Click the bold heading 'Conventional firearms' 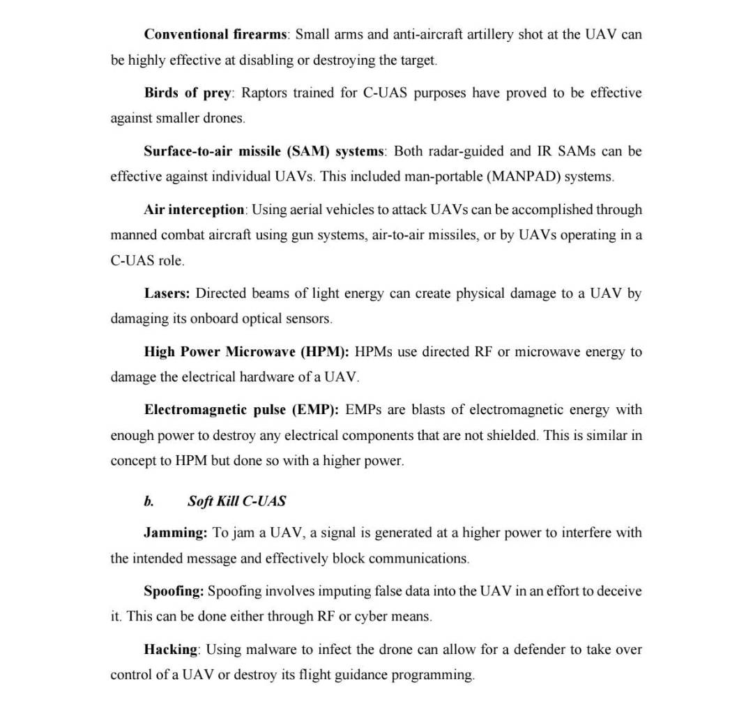pyautogui.click(x=215, y=34)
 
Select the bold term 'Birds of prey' pyautogui.click(x=187, y=93)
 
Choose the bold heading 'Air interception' pyautogui.click(x=194, y=209)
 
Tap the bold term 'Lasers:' pyautogui.click(x=167, y=294)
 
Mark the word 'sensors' pyautogui.click(x=308, y=319)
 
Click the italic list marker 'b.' pyautogui.click(x=149, y=501)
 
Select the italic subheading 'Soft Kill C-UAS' pyautogui.click(x=236, y=501)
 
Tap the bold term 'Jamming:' pyautogui.click(x=175, y=533)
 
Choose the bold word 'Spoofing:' pyautogui.click(x=174, y=591)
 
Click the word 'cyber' pyautogui.click(x=371, y=616)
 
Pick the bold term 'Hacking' pyautogui.click(x=171, y=650)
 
